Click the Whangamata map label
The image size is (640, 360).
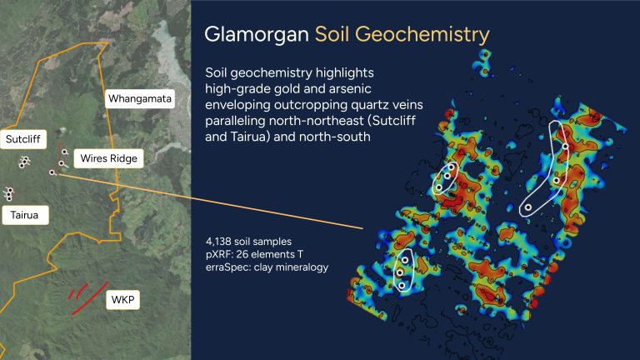click(140, 99)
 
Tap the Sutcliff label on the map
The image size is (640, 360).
click(22, 139)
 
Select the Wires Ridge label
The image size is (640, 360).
click(108, 158)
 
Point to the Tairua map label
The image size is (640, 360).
click(24, 215)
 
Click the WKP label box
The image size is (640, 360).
click(122, 300)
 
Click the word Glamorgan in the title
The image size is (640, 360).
click(257, 34)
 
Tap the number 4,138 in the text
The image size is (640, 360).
click(219, 242)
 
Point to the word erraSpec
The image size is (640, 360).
click(226, 267)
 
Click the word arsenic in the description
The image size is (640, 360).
click(351, 88)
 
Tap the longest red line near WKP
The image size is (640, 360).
click(90, 298)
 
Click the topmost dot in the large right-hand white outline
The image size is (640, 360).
click(565, 146)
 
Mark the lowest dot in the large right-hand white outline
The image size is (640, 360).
click(528, 207)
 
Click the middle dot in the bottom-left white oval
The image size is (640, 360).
click(400, 272)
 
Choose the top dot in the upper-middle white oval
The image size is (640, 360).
click(451, 167)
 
